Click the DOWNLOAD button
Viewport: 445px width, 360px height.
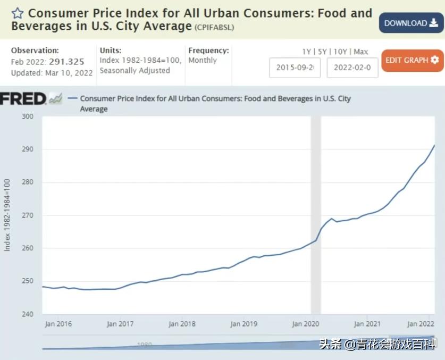tap(411, 23)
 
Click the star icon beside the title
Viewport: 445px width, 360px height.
tap(18, 13)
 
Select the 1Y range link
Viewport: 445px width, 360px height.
tap(306, 52)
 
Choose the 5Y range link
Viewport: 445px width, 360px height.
tap(322, 52)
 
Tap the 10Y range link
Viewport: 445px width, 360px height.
tap(340, 52)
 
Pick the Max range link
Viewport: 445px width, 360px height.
tap(360, 52)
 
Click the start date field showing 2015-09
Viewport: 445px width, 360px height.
tap(295, 68)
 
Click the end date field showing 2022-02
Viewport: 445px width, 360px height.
tap(352, 68)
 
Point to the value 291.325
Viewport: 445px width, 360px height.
tap(66, 62)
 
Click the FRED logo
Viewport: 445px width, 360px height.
tap(23, 98)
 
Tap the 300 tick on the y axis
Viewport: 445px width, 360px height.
tap(28, 116)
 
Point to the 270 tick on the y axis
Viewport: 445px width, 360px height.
tap(28, 215)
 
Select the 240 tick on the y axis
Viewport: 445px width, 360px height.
tap(28, 314)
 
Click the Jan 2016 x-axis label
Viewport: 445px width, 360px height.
tap(58, 324)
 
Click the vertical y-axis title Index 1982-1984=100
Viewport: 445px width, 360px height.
tap(7, 215)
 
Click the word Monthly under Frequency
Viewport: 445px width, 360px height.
tap(203, 61)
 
